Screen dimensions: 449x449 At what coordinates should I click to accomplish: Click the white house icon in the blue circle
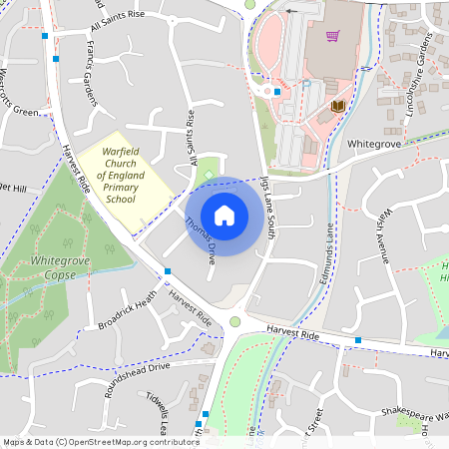coord(224,215)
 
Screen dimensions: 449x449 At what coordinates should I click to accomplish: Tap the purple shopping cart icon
coord(333,36)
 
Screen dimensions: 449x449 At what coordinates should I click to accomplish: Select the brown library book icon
coord(337,105)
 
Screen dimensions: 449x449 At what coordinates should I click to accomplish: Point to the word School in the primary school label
coord(121,199)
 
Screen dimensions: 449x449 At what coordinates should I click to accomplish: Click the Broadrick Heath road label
coord(127,310)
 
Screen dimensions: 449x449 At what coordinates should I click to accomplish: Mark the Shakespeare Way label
coord(402,411)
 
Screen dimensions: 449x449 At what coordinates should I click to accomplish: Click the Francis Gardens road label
coord(93,62)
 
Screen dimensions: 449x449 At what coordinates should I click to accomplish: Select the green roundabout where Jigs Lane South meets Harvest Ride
coord(235,321)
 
